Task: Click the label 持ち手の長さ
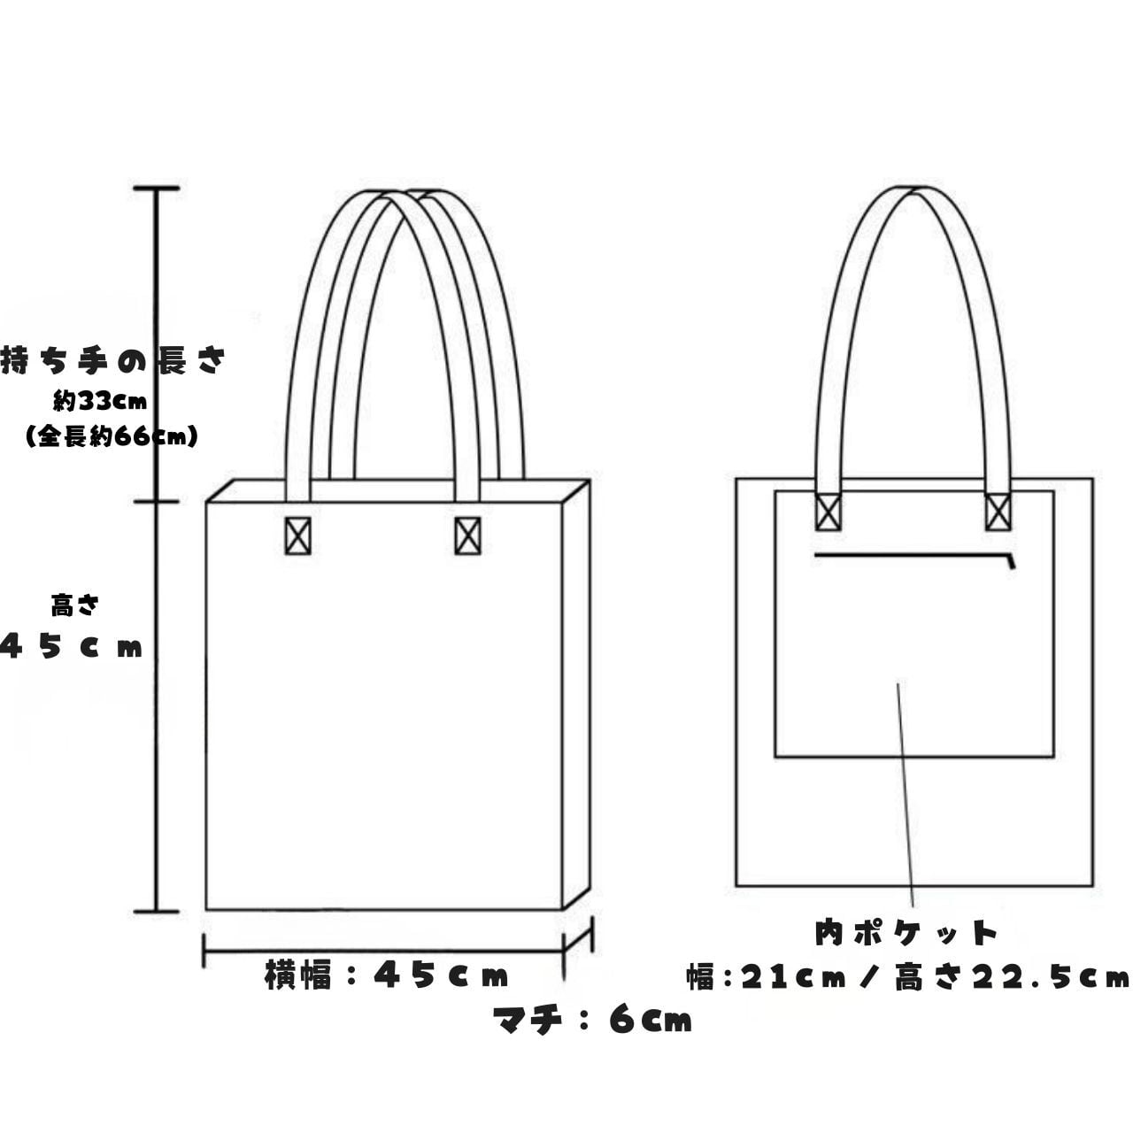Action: pyautogui.click(x=113, y=360)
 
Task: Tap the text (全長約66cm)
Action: pyautogui.click(x=112, y=436)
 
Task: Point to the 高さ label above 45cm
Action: pyautogui.click(x=75, y=606)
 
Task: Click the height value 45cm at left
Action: pyautogui.click(x=73, y=647)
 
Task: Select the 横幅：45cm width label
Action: pyautogui.click(x=387, y=975)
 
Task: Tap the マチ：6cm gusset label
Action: pyautogui.click(x=592, y=1021)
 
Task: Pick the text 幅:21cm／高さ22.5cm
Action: pyautogui.click(x=908, y=977)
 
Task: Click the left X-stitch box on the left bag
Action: pyautogui.click(x=298, y=536)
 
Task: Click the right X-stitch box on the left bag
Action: pyautogui.click(x=467, y=536)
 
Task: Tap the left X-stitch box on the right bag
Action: pyautogui.click(x=829, y=512)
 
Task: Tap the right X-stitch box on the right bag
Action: pyautogui.click(x=998, y=512)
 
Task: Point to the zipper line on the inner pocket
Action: pyautogui.click(x=912, y=556)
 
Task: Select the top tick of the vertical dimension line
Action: pyautogui.click(x=157, y=189)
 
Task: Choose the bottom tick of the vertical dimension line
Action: pyautogui.click(x=157, y=911)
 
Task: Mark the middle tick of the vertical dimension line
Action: pyautogui.click(x=157, y=502)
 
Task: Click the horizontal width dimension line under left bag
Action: pyautogui.click(x=383, y=952)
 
